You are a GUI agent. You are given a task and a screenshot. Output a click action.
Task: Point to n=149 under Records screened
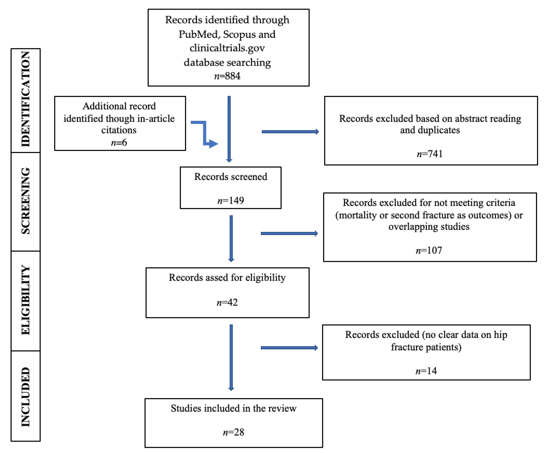point(231,200)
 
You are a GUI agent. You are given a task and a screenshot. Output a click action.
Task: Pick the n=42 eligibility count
point(227,302)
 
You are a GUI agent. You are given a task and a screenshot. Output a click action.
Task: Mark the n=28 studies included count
point(233,432)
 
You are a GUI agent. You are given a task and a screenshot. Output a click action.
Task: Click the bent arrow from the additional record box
point(205,134)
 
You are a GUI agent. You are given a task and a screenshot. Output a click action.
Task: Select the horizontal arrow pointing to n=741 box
point(290,132)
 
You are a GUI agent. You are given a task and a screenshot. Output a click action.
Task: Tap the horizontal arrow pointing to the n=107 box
point(289,233)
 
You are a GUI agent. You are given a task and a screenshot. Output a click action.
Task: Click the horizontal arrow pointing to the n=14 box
point(289,348)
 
